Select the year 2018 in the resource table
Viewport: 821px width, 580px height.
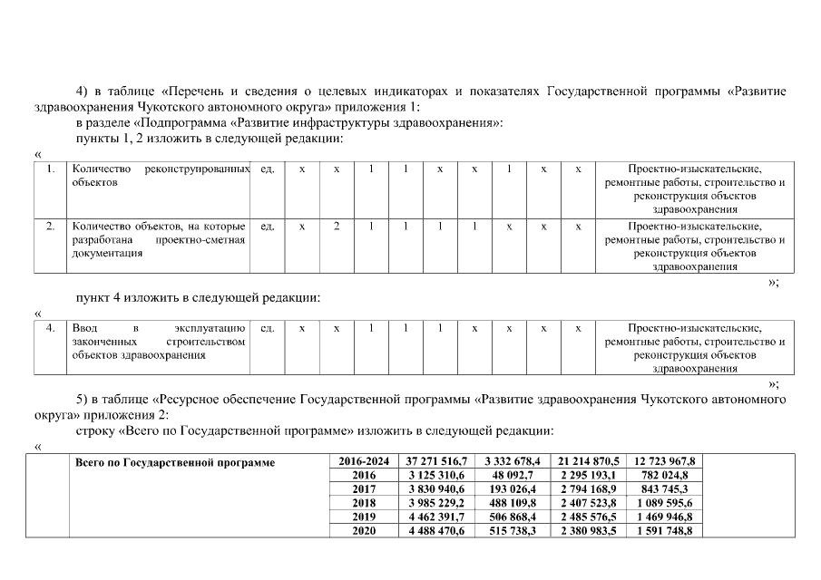click(x=363, y=502)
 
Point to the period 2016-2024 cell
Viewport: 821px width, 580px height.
click(x=363, y=462)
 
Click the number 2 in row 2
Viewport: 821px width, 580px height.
click(x=336, y=226)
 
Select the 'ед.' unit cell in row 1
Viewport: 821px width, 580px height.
click(x=267, y=169)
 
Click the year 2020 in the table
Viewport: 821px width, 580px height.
click(x=363, y=531)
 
